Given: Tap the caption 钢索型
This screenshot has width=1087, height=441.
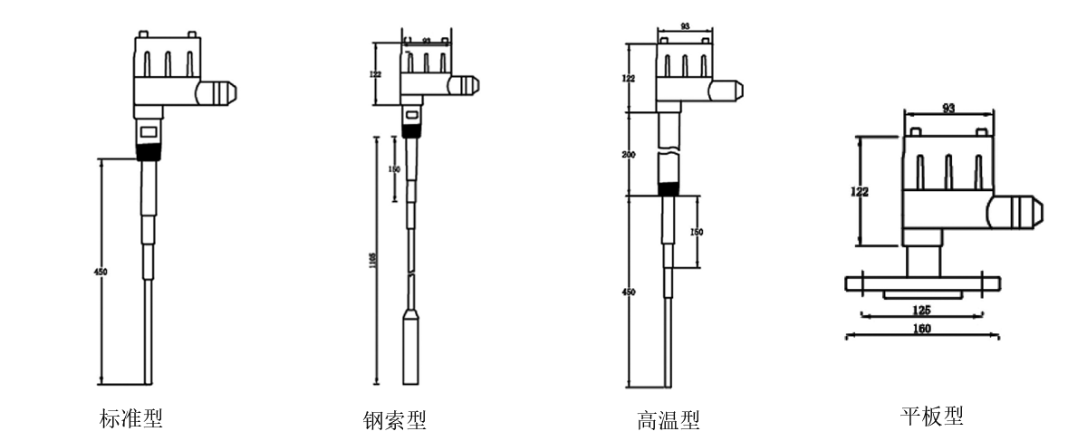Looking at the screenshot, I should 393,420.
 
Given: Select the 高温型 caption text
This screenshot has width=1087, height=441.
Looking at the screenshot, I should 668,420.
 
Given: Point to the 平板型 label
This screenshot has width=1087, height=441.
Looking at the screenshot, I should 931,416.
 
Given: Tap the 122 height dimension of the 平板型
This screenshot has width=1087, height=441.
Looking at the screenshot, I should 859,191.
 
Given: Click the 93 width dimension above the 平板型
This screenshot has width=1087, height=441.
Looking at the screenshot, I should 948,109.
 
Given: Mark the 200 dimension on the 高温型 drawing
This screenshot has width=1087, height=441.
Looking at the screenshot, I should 630,155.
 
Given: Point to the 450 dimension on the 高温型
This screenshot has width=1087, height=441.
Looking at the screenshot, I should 630,292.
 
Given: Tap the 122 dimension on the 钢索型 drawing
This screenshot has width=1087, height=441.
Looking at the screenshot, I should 376,74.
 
